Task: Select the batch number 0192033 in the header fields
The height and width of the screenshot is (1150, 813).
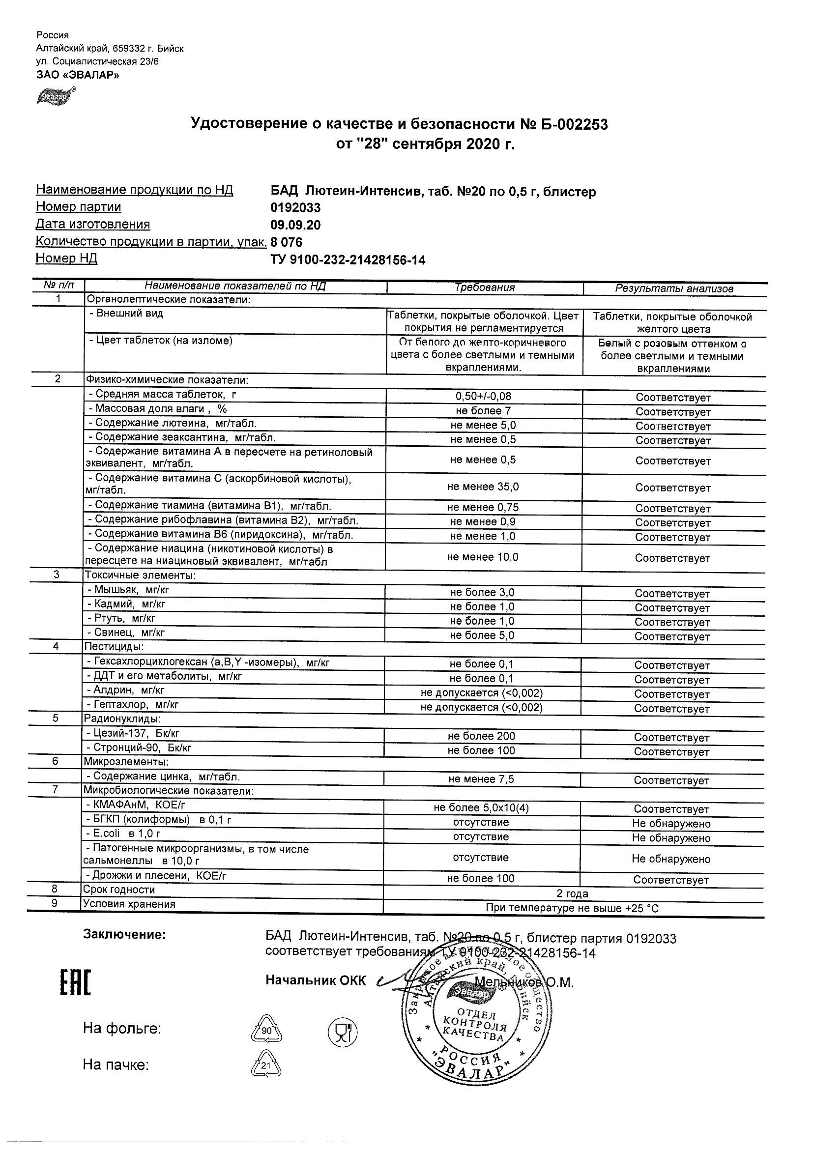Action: coord(295,207)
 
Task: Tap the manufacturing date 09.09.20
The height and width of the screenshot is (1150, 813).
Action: coord(295,225)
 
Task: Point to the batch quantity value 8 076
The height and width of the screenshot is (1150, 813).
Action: coord(287,242)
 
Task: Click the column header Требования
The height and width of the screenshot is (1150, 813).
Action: coord(484,287)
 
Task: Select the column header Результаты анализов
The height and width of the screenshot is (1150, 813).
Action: coord(674,288)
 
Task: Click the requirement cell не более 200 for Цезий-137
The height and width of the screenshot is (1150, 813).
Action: coord(481,736)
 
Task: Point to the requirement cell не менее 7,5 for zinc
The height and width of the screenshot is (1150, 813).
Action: coord(481,779)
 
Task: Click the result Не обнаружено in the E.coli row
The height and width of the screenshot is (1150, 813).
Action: coord(671,838)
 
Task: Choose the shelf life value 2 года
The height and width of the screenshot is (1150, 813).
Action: coord(572,893)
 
